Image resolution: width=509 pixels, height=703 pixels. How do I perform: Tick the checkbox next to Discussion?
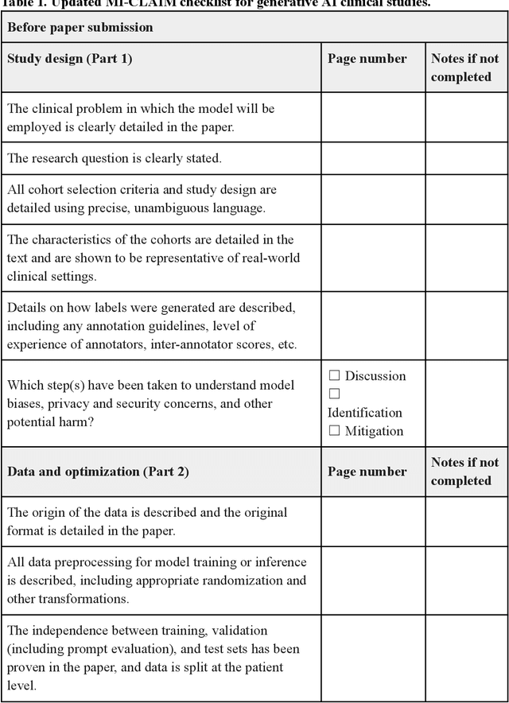[x=334, y=375]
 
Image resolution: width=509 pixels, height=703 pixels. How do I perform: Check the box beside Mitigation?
[x=334, y=431]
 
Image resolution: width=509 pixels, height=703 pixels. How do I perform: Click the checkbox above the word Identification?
[x=334, y=394]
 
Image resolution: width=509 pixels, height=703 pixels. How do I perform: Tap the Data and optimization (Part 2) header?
[x=98, y=472]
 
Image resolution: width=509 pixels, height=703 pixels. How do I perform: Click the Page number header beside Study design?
[x=367, y=58]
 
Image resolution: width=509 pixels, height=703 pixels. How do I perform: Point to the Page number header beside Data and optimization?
[x=367, y=472]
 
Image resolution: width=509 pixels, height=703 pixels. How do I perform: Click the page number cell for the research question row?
[x=372, y=158]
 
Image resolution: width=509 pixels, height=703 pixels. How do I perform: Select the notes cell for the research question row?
[x=466, y=158]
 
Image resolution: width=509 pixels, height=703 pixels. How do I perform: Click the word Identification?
[x=365, y=413]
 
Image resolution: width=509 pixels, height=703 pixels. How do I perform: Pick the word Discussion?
[x=375, y=375]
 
